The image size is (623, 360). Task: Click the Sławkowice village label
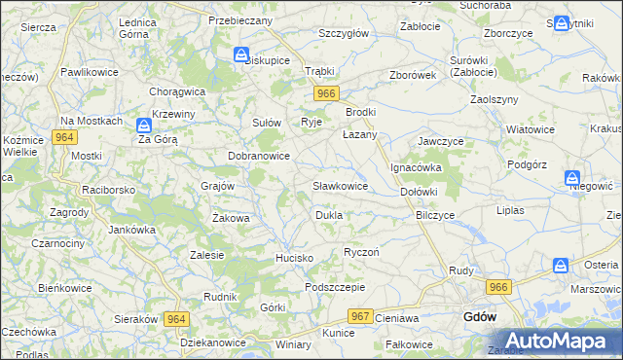[x=340, y=185]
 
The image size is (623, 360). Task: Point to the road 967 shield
[x=360, y=317]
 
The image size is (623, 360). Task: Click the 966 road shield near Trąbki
[x=326, y=93]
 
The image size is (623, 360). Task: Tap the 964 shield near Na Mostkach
[x=65, y=138]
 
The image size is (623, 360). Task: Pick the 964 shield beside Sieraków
[x=176, y=318]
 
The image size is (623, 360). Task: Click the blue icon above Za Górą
[x=143, y=125]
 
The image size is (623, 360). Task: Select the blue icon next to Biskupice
[x=240, y=56]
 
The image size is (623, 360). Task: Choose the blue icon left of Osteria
[x=561, y=265]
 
